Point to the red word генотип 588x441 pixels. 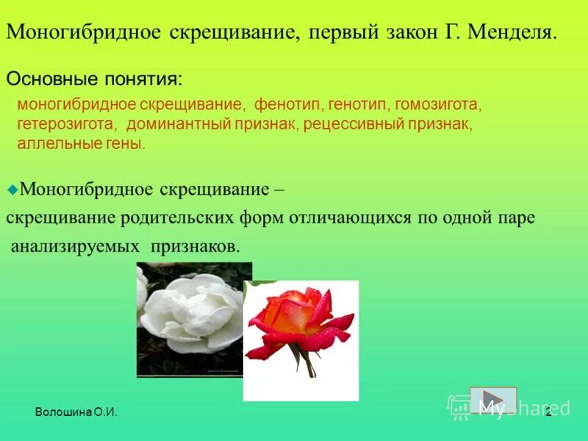pos(357,105)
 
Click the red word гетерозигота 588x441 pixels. pos(66,123)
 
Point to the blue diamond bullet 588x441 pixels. pos(12,189)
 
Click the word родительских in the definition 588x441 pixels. pos(187,218)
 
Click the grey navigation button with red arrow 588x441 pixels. pos(493,400)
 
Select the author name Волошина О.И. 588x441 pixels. pos(76,414)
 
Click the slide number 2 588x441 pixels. pos(548,413)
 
